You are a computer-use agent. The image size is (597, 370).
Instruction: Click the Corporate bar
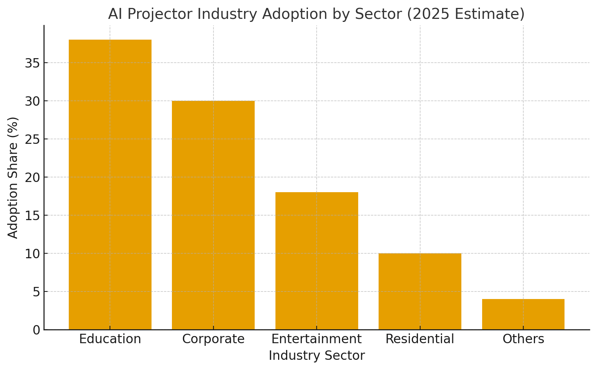[x=213, y=215]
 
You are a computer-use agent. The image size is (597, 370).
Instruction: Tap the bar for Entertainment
[x=317, y=261]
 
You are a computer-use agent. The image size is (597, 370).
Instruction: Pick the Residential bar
[x=420, y=291]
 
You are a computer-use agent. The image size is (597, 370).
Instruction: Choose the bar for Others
[x=523, y=314]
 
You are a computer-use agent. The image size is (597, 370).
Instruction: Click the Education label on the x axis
[x=110, y=339]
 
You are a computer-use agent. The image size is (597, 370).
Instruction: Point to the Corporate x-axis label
[x=213, y=339]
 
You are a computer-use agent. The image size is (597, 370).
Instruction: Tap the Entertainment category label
[x=317, y=339]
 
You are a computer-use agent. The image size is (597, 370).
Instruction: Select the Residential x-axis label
[x=420, y=339]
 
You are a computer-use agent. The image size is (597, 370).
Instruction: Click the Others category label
[x=523, y=339]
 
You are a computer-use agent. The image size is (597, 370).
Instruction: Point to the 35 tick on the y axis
[x=32, y=63]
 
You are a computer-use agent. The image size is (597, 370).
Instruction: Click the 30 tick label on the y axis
[x=32, y=101]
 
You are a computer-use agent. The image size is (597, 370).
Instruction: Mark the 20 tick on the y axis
[x=32, y=177]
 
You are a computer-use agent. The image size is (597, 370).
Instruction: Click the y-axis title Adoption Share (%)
[x=13, y=177]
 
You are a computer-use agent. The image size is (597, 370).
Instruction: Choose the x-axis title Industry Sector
[x=317, y=356]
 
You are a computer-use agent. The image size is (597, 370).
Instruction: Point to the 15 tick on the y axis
[x=32, y=216]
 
